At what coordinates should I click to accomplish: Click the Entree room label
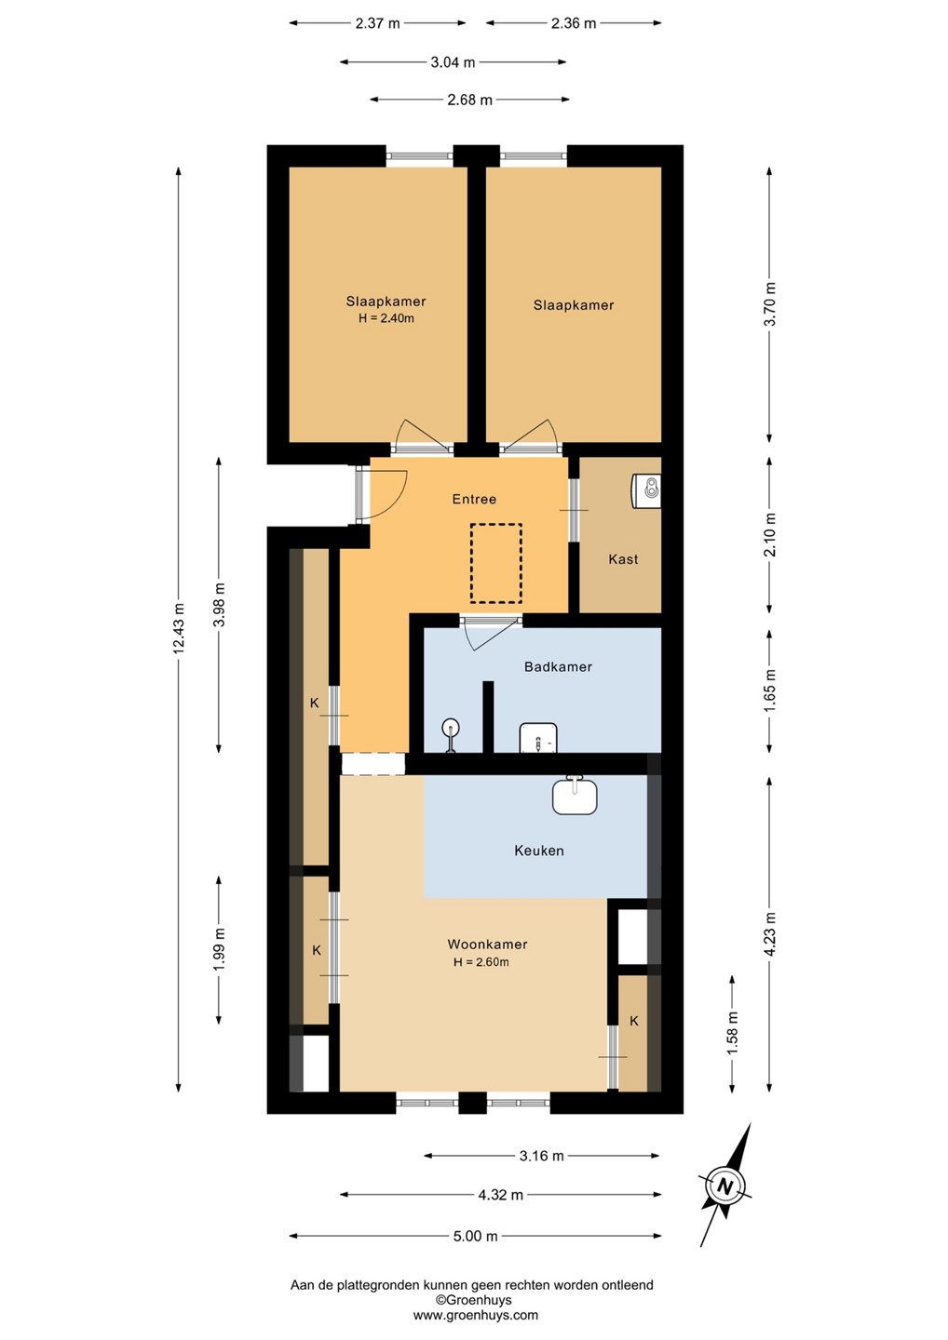click(474, 499)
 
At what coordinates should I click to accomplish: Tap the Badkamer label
click(558, 666)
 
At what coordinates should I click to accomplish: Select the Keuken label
click(538, 851)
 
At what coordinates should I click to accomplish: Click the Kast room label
click(623, 559)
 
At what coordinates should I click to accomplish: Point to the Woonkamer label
click(487, 944)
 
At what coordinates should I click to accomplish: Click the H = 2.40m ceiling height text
click(386, 318)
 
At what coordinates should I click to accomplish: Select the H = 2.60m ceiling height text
click(481, 962)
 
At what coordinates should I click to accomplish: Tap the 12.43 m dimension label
click(179, 628)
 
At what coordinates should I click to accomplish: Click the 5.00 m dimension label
click(475, 1236)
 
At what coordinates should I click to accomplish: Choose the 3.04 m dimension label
click(454, 62)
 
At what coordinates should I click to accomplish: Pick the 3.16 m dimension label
click(542, 1156)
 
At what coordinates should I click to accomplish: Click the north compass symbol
click(725, 1186)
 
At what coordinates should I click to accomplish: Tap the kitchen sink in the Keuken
click(575, 795)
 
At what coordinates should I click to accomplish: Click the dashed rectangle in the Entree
click(495, 563)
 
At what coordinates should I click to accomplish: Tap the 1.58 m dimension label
click(733, 1033)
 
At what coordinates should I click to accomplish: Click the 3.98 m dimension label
click(219, 604)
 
